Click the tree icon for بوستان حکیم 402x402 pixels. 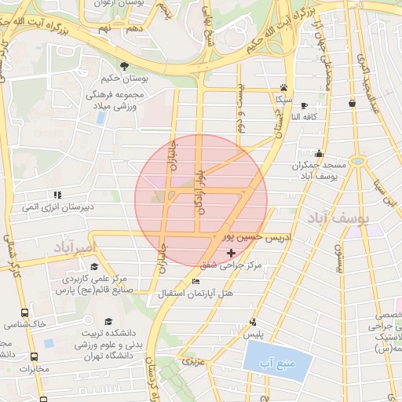click(122, 65)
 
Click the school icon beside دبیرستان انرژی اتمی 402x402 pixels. click(57, 195)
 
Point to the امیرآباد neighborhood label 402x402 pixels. click(75, 248)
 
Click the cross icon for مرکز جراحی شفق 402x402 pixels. click(230, 253)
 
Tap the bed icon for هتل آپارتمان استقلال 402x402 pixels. click(196, 282)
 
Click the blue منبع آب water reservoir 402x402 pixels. click(277, 360)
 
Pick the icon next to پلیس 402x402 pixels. click(253, 322)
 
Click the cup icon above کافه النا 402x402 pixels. click(353, 103)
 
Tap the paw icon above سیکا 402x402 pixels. click(283, 88)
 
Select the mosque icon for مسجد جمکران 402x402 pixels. click(318, 154)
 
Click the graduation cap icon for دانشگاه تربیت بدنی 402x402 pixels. click(109, 321)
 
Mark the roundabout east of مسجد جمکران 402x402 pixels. click(358, 160)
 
